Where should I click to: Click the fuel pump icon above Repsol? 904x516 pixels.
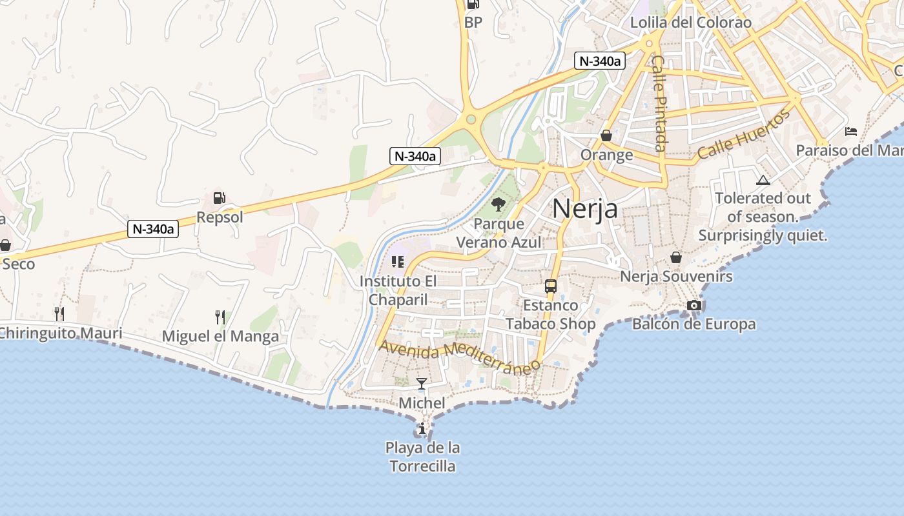pyautogui.click(x=219, y=199)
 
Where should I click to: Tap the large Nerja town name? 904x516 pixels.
pyautogui.click(x=584, y=208)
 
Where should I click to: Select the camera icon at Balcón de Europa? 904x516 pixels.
pyautogui.click(x=694, y=305)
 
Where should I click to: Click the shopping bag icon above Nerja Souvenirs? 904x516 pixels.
pyautogui.click(x=675, y=257)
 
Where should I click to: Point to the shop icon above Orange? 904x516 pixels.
pyautogui.click(x=606, y=135)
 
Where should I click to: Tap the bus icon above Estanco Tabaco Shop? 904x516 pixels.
pyautogui.click(x=550, y=286)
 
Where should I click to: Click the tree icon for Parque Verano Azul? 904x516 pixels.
pyautogui.click(x=498, y=205)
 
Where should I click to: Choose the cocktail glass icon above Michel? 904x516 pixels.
pyautogui.click(x=422, y=384)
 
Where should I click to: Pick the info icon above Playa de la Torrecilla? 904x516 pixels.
pyautogui.click(x=422, y=428)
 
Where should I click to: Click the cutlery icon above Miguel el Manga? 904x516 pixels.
pyautogui.click(x=220, y=317)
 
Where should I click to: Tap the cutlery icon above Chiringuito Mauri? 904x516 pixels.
pyautogui.click(x=59, y=314)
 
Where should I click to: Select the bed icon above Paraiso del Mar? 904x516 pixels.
pyautogui.click(x=851, y=132)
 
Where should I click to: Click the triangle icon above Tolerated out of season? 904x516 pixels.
pyautogui.click(x=763, y=180)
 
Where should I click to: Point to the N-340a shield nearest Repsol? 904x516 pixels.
pyautogui.click(x=154, y=228)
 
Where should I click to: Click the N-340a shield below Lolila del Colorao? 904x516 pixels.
pyautogui.click(x=600, y=61)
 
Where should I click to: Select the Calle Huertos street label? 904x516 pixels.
pyautogui.click(x=744, y=135)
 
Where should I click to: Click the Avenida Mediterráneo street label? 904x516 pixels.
pyautogui.click(x=459, y=357)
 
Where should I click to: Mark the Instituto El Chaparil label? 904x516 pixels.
pyautogui.click(x=398, y=290)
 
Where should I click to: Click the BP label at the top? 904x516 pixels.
pyautogui.click(x=473, y=23)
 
